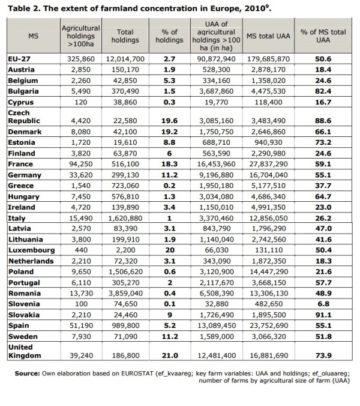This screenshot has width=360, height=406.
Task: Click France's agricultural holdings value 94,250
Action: [80, 163]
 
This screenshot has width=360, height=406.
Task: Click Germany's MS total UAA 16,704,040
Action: [268, 175]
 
